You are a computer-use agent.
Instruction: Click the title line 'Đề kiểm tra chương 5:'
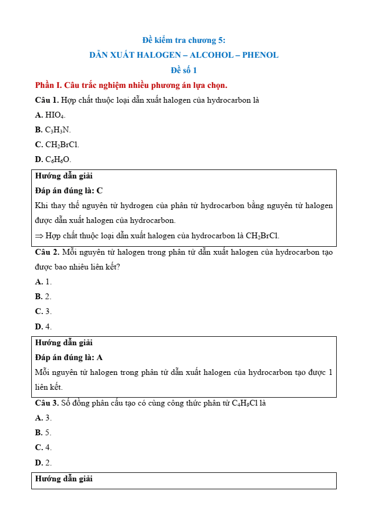click(184, 40)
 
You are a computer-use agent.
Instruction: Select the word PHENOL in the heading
click(260, 55)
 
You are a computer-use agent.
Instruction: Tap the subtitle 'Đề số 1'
click(184, 70)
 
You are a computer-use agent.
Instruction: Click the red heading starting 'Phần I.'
click(131, 85)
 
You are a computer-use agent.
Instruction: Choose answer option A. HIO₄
click(50, 115)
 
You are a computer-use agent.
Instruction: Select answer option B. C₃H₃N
click(52, 130)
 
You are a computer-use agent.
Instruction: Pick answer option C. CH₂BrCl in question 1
click(57, 145)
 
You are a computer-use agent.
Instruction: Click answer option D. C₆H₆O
click(53, 159)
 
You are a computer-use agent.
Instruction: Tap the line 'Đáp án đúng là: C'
click(69, 191)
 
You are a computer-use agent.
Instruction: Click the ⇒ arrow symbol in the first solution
click(39, 236)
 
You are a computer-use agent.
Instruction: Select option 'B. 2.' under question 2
click(43, 297)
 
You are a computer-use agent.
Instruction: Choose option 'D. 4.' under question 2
click(43, 327)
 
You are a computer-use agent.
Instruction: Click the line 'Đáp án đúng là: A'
click(69, 357)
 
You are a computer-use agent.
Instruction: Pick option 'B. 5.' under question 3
click(43, 433)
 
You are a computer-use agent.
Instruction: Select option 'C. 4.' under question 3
click(43, 447)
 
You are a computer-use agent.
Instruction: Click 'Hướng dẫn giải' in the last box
click(64, 479)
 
